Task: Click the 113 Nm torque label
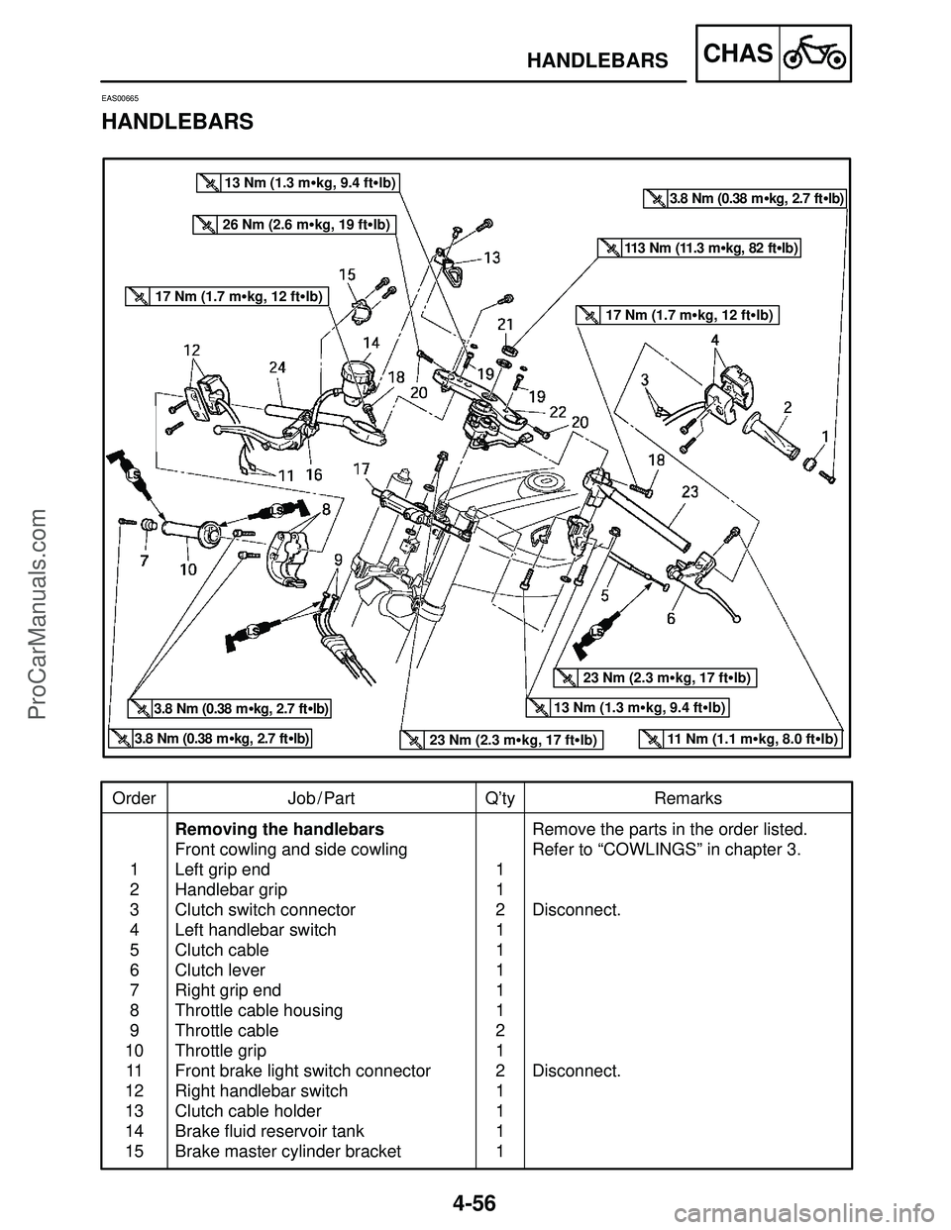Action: (700, 249)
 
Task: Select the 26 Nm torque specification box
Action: (293, 225)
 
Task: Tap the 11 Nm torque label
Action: (740, 739)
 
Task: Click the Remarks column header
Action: (687, 798)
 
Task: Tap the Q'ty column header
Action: (500, 798)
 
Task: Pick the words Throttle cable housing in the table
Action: (259, 1010)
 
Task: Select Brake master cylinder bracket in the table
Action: (287, 1151)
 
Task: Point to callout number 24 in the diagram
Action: (277, 365)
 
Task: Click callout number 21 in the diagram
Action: (505, 324)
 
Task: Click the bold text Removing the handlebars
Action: (278, 828)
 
